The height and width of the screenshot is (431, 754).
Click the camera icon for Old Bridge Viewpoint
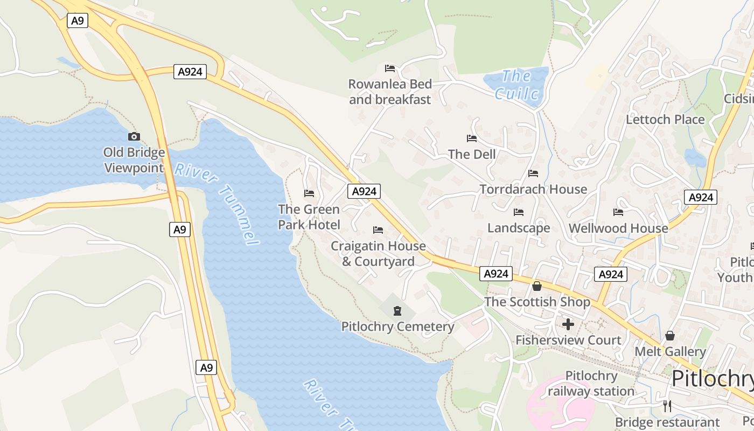(134, 137)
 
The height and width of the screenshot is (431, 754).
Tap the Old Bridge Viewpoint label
(134, 160)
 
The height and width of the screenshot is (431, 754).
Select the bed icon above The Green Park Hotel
(309, 193)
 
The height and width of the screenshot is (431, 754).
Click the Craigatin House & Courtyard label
(378, 254)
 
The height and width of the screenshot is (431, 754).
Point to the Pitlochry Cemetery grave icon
(397, 311)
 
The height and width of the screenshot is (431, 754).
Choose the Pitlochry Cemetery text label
(397, 326)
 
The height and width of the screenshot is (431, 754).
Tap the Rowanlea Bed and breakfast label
(390, 92)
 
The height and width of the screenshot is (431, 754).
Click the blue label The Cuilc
(516, 85)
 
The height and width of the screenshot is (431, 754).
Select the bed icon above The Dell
(472, 138)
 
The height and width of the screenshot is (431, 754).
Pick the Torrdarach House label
(533, 189)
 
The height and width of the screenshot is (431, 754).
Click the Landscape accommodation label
(519, 228)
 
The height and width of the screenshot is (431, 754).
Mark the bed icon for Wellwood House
(618, 212)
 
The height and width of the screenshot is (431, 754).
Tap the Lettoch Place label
(665, 120)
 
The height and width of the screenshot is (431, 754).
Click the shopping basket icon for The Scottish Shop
(537, 286)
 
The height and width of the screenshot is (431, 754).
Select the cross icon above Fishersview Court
(568, 324)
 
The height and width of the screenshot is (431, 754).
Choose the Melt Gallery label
(670, 352)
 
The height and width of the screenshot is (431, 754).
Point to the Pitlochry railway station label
(591, 384)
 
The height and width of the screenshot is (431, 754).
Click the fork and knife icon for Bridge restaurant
(667, 406)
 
